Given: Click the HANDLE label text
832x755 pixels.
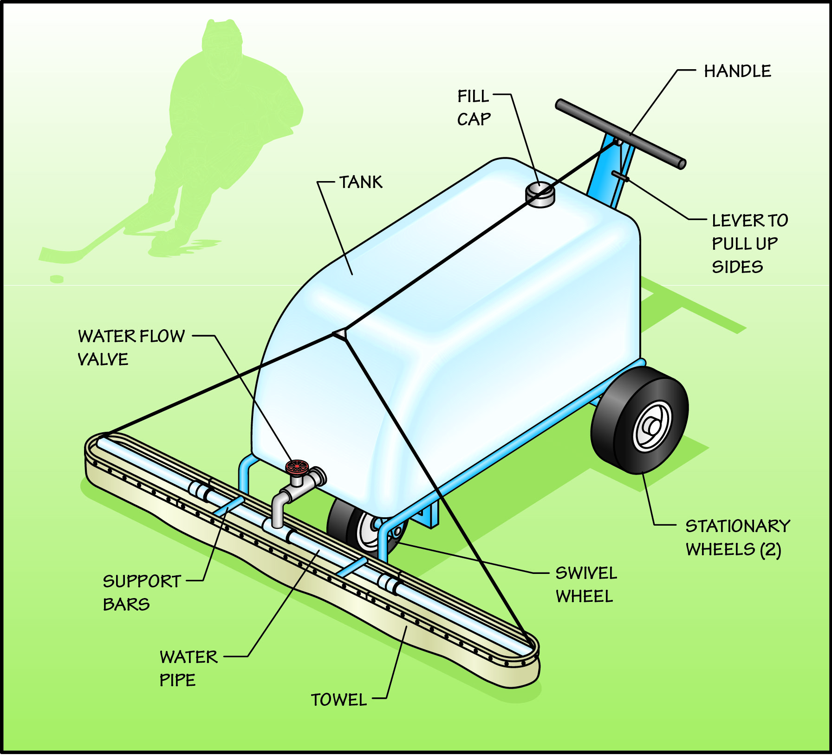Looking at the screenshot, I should pyautogui.click(x=737, y=71).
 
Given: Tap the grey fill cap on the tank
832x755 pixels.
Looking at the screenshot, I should pyautogui.click(x=540, y=195).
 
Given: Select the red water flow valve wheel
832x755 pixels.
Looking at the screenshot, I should pyautogui.click(x=297, y=466).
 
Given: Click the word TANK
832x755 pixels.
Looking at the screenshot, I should pyautogui.click(x=361, y=182).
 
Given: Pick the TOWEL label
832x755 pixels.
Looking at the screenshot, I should pyautogui.click(x=339, y=700).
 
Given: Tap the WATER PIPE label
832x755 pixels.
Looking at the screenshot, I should pyautogui.click(x=188, y=668).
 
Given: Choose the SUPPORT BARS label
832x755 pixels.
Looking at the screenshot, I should pyautogui.click(x=142, y=592).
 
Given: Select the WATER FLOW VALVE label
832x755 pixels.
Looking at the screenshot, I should pyautogui.click(x=131, y=347).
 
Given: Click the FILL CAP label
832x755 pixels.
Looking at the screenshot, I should pyautogui.click(x=474, y=108).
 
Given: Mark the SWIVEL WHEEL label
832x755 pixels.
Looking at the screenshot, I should pyautogui.click(x=586, y=585).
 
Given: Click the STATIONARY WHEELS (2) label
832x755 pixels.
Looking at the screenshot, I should pyautogui.click(x=737, y=538).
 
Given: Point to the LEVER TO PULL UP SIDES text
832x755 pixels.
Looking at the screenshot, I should pyautogui.click(x=749, y=243).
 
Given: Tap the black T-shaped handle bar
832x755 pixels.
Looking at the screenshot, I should pyautogui.click(x=620, y=134).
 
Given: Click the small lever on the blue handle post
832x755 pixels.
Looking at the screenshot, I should pyautogui.click(x=620, y=176).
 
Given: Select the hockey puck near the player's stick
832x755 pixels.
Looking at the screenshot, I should pyautogui.click(x=57, y=279).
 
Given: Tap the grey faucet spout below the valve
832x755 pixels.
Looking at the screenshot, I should pyautogui.click(x=278, y=511).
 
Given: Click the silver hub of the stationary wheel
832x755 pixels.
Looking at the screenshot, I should pyautogui.click(x=652, y=425).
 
